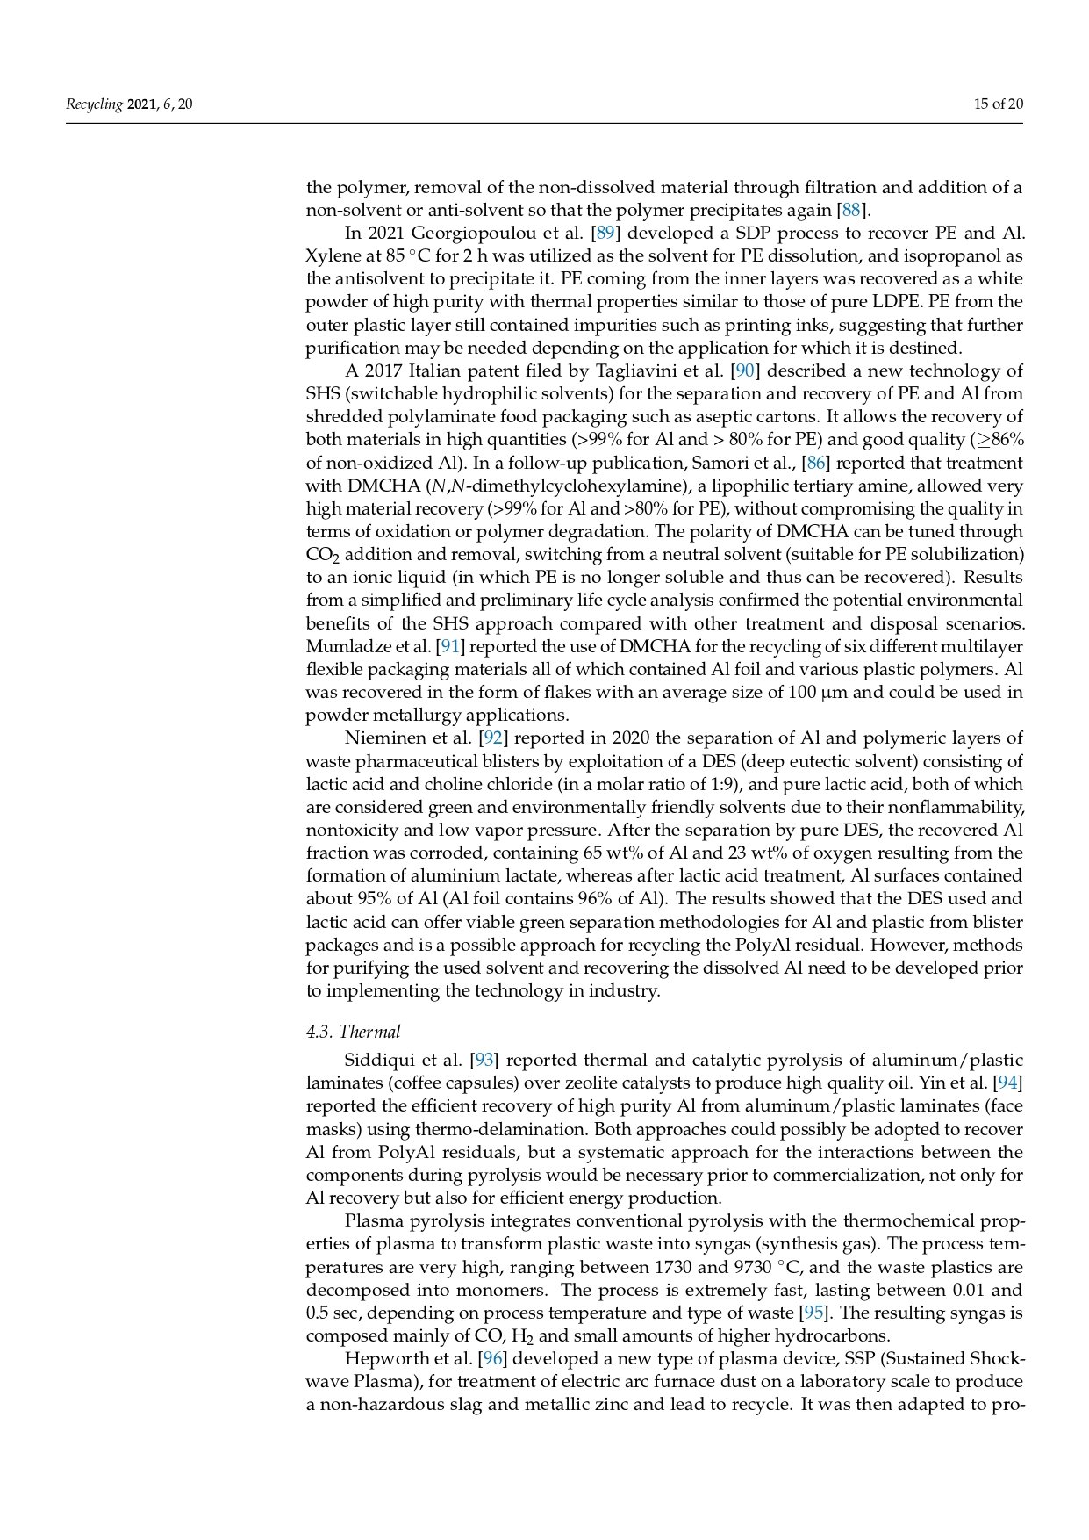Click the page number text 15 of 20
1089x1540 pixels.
(999, 104)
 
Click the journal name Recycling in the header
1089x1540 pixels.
(94, 104)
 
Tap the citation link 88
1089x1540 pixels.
(850, 210)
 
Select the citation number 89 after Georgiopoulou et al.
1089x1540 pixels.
(605, 233)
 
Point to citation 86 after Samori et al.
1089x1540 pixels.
(815, 463)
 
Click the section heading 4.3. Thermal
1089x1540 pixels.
(353, 1032)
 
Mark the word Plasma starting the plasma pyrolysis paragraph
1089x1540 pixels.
(369, 1220)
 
